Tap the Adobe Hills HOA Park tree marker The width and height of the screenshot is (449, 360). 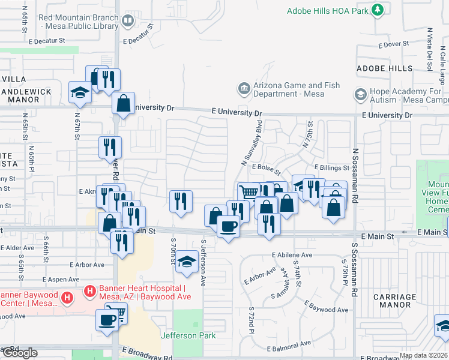pyautogui.click(x=377, y=10)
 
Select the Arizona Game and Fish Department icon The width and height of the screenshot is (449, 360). pyautogui.click(x=244, y=89)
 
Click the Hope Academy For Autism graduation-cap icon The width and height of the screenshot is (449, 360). pyautogui.click(x=360, y=95)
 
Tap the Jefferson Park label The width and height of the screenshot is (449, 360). pyautogui.click(x=188, y=335)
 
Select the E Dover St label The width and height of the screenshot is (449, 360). pyautogui.click(x=393, y=44)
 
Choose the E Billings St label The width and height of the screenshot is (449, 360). pyautogui.click(x=331, y=169)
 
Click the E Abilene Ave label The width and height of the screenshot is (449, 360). pyautogui.click(x=292, y=255)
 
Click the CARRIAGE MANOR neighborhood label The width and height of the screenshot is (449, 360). pyautogui.click(x=394, y=301)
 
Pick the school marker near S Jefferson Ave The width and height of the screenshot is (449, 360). pyautogui.click(x=187, y=262)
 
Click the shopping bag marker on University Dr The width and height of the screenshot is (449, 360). pyautogui.click(x=123, y=103)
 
